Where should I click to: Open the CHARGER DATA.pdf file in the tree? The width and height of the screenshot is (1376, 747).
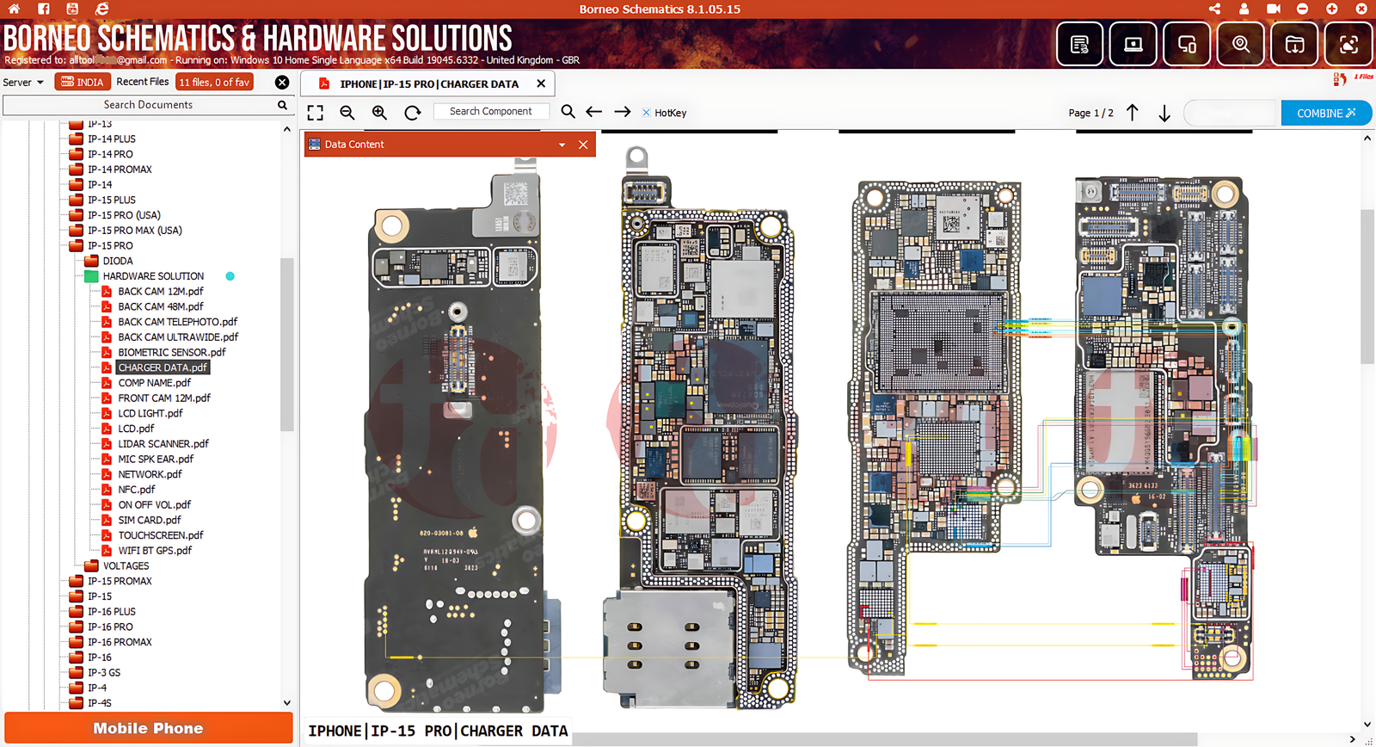(162, 367)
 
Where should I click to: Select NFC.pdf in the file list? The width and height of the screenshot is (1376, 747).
(136, 490)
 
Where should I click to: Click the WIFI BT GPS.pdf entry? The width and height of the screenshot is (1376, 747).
(154, 551)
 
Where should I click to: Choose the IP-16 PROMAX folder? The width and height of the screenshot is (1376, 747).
(120, 642)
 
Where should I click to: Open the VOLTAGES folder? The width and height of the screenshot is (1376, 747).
(126, 566)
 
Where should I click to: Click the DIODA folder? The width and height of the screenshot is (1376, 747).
(118, 261)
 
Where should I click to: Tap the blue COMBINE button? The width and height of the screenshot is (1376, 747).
(1325, 113)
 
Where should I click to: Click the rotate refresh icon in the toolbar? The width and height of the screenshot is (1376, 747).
(413, 113)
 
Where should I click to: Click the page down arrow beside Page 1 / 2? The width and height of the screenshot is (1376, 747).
(1164, 114)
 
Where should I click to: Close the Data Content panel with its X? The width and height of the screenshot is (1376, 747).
(583, 145)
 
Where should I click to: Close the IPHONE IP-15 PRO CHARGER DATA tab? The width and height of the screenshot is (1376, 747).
(541, 83)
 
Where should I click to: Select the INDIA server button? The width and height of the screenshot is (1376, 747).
(83, 82)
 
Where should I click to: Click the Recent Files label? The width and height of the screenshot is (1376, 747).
(143, 82)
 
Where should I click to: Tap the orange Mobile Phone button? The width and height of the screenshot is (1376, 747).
(148, 728)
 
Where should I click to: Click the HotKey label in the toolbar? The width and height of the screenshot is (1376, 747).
(670, 113)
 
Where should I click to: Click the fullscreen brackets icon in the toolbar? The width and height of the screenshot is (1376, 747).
(316, 113)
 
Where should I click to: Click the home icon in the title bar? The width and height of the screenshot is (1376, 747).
(15, 9)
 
